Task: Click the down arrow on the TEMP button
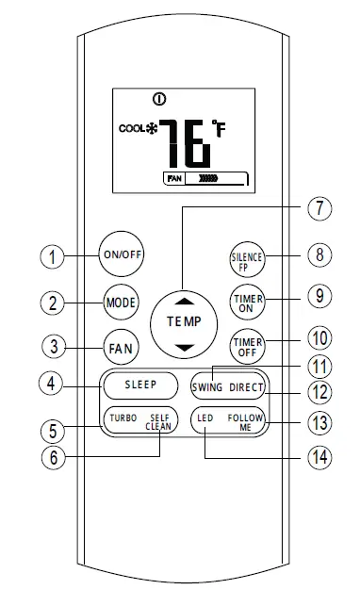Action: coord(184,348)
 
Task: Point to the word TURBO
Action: coord(123,418)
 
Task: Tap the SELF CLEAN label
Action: coord(159,421)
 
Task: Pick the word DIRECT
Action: coord(247,387)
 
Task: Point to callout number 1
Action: coord(56,255)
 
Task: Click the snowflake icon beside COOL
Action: coord(149,128)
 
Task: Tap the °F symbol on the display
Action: coord(220,129)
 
